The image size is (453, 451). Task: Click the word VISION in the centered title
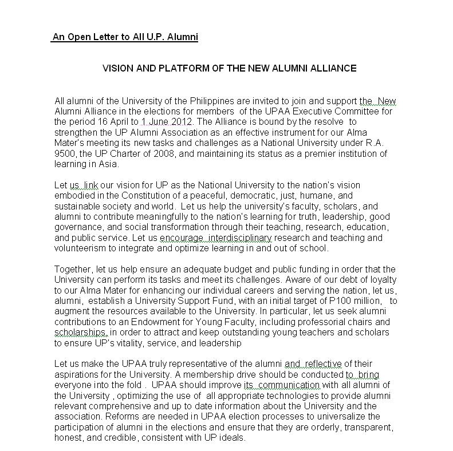(117, 68)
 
